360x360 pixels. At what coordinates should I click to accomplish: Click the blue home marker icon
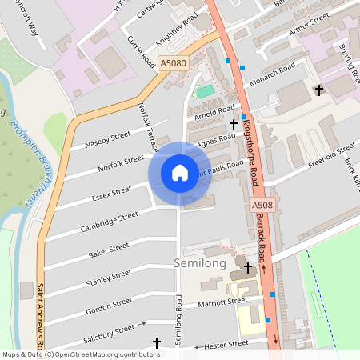180,173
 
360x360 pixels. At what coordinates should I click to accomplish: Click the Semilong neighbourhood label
200,263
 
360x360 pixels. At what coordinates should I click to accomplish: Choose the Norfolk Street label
121,163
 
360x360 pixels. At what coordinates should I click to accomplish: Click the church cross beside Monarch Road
319,90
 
